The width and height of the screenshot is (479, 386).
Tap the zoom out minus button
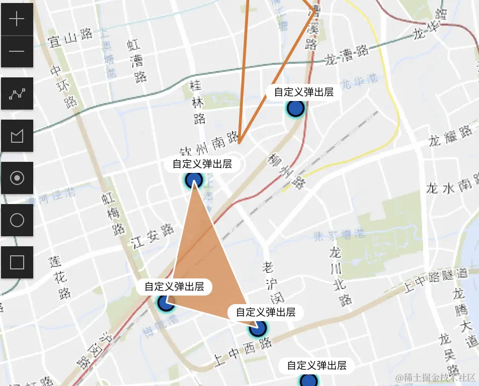click(17, 51)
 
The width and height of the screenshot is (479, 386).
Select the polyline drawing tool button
click(17, 93)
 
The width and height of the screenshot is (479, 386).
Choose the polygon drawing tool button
click(17, 136)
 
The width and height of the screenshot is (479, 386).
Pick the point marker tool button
click(17, 178)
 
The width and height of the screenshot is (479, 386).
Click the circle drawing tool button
click(17, 220)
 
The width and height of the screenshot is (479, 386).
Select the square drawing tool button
click(17, 262)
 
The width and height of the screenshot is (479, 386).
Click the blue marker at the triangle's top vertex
click(194, 179)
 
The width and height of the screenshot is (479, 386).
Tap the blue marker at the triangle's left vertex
click(165, 303)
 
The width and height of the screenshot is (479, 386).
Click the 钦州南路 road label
click(209, 144)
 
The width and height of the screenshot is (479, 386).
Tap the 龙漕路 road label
click(347, 56)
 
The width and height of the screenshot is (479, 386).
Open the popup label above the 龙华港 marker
click(303, 92)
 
